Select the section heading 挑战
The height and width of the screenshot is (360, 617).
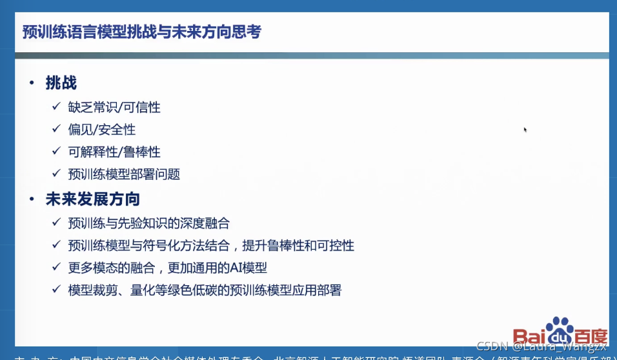[x=61, y=83]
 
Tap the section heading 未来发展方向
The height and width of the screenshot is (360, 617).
[x=92, y=199]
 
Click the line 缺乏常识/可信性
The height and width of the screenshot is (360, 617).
[x=114, y=107]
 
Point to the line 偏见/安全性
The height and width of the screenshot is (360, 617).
[x=101, y=130]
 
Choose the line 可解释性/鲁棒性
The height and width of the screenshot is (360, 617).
[x=114, y=152]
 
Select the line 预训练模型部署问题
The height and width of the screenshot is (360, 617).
[x=123, y=174]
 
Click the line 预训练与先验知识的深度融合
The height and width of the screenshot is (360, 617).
[x=148, y=223]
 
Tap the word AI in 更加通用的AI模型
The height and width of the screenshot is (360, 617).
[x=238, y=268]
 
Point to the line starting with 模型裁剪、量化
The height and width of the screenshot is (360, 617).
[x=204, y=290]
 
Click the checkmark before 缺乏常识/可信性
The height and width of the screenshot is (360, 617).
[x=57, y=107]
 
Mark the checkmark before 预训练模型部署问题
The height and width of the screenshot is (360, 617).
[x=57, y=174]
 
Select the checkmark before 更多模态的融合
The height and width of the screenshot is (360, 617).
[x=57, y=268]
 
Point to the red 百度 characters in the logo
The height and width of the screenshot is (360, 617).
[x=591, y=336]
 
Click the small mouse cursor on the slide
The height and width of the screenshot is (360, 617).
[x=525, y=130]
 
